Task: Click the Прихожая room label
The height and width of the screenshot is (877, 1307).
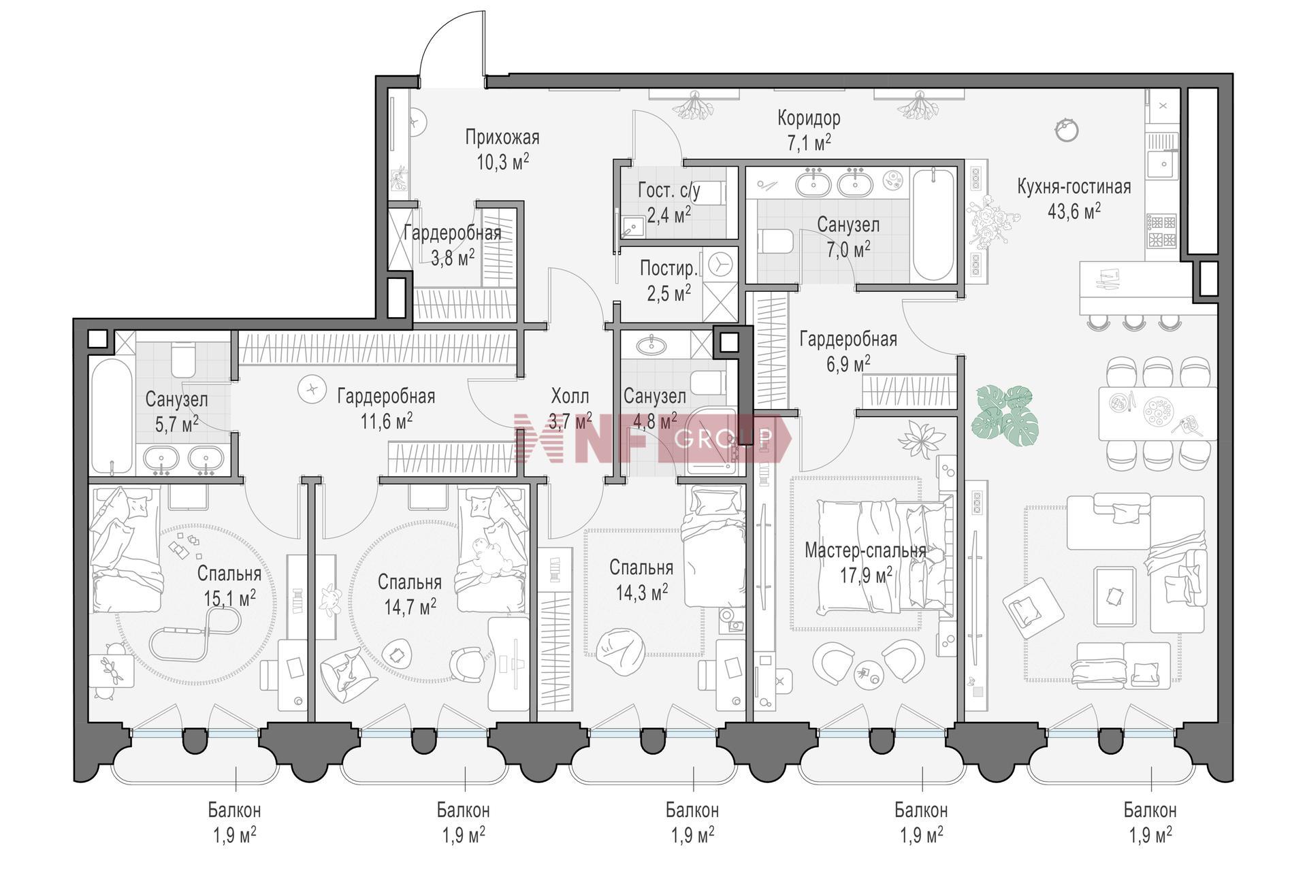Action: point(502,137)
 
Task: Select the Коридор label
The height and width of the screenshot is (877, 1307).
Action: point(809,118)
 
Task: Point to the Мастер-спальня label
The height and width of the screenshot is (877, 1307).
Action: point(865,550)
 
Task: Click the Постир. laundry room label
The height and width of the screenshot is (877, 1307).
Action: point(669,268)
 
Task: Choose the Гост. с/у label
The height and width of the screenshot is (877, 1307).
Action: point(668,191)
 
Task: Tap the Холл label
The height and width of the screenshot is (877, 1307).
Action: point(570,395)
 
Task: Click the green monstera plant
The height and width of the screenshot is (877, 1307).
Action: point(1005,416)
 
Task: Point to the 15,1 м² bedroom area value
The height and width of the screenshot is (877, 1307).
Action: point(230,597)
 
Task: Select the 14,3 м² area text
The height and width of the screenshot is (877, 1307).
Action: point(642,592)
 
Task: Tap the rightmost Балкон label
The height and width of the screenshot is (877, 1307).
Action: point(1150,810)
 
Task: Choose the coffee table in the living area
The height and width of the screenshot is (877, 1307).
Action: point(1114,596)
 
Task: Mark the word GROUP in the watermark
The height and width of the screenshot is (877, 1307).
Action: point(724,438)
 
